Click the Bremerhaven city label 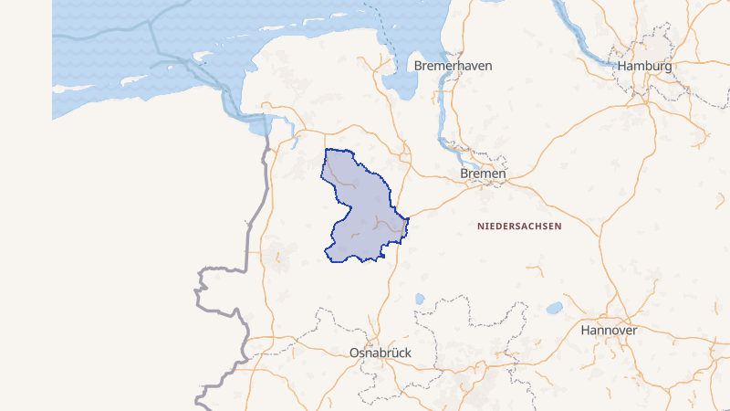[454, 67]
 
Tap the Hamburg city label [644, 67]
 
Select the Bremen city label [483, 174]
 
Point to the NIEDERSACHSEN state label [519, 225]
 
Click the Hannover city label [609, 330]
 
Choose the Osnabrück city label [381, 353]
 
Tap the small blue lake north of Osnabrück [420, 299]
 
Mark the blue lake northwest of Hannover [554, 308]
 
